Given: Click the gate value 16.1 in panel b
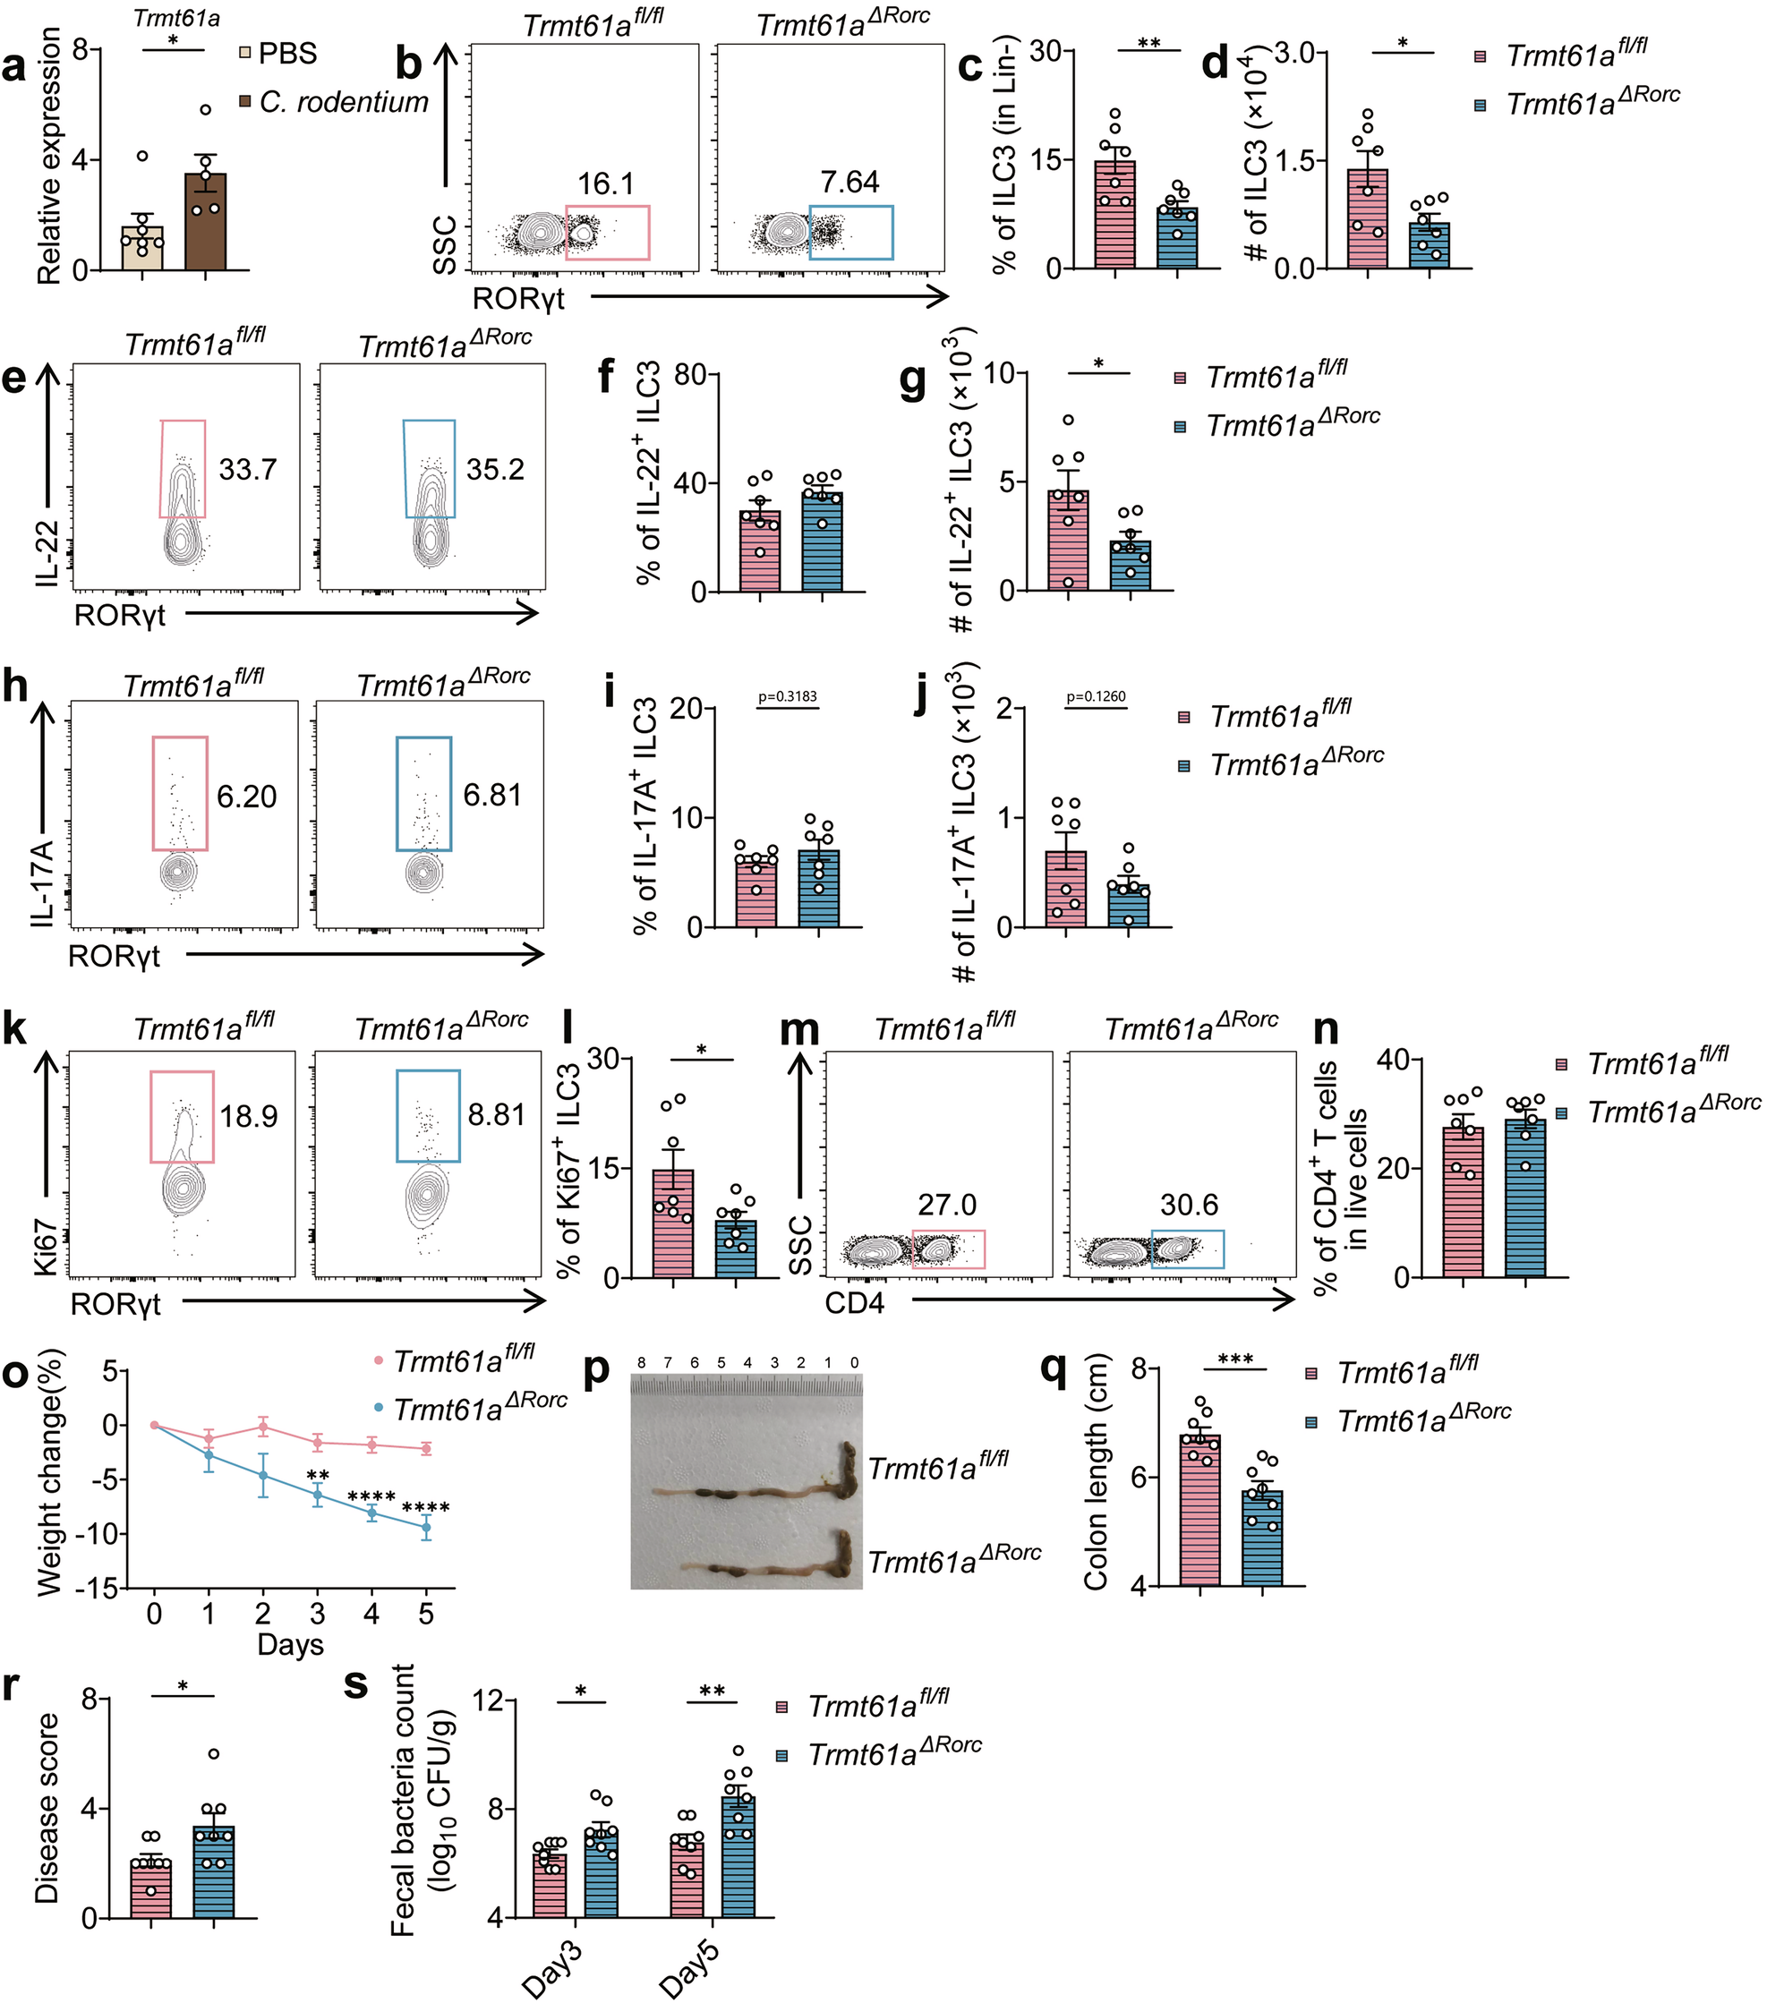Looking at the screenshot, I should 605,183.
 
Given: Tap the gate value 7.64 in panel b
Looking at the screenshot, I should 849,183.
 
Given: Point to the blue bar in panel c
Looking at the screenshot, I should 1177,239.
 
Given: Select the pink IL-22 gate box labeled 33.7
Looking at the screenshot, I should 184,468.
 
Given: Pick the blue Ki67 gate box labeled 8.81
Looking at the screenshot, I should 428,1116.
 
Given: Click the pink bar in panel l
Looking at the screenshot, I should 672,1225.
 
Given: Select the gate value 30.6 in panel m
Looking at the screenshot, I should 1189,1205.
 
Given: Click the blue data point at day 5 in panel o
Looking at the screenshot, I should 425,1527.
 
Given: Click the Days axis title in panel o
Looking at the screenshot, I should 290,1643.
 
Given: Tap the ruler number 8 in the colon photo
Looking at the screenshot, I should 641,1363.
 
